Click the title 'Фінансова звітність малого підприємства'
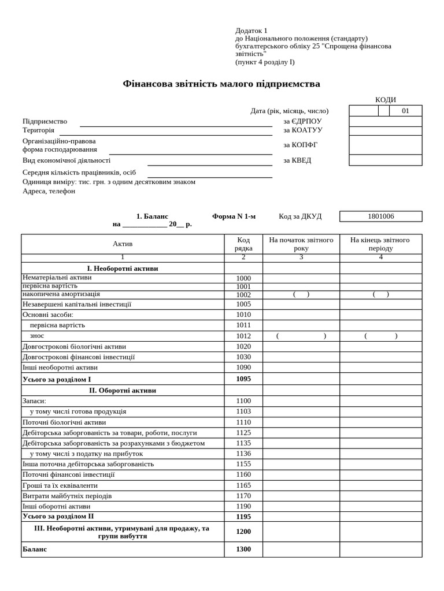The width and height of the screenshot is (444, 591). (x=221, y=84)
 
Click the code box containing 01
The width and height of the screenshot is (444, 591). (x=405, y=111)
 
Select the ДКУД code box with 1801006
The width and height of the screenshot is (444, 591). (x=380, y=216)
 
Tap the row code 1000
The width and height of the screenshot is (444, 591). (x=243, y=278)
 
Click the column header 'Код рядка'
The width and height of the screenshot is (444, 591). (x=243, y=244)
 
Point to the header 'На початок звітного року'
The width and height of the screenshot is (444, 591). (x=301, y=244)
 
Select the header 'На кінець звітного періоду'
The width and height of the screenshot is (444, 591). (x=380, y=244)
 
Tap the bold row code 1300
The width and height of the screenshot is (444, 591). (x=243, y=549)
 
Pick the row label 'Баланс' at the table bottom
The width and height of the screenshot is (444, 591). (x=35, y=549)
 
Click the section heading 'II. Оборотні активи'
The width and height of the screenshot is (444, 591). (x=123, y=390)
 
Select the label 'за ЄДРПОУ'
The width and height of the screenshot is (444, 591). (x=302, y=121)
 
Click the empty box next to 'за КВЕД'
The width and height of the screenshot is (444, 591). (x=385, y=160)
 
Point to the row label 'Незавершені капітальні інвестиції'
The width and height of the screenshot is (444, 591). (x=77, y=304)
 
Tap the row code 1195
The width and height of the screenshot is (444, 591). (x=243, y=517)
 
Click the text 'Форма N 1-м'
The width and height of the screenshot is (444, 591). (x=234, y=216)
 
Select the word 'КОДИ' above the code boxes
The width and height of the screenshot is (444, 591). (x=386, y=100)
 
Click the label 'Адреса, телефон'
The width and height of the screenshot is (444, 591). (x=49, y=191)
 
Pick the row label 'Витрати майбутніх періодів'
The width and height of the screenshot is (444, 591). (x=67, y=496)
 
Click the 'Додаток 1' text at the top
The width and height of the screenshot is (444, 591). (x=251, y=31)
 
